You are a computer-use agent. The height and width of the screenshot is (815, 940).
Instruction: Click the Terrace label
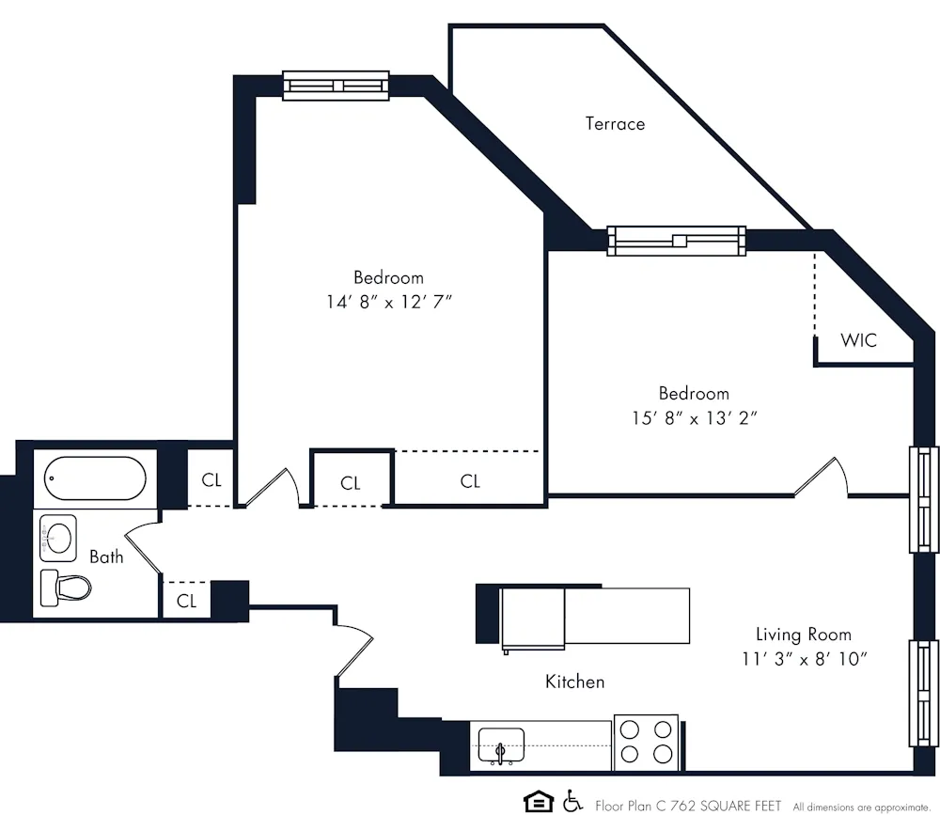[x=615, y=123]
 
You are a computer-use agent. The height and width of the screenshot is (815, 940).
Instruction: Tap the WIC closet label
[x=858, y=340]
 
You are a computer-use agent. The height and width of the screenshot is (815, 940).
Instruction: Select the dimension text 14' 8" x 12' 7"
[x=388, y=302]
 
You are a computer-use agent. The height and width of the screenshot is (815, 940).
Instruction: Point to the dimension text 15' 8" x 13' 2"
[x=694, y=417]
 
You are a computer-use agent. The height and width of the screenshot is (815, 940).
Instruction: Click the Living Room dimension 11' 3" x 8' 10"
[x=804, y=658]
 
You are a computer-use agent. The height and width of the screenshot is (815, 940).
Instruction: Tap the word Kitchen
[x=574, y=682]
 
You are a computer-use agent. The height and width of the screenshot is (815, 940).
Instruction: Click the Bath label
[x=106, y=556]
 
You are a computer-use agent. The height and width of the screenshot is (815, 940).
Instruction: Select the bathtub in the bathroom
[x=95, y=478]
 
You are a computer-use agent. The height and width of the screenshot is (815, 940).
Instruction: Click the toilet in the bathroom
[x=66, y=588]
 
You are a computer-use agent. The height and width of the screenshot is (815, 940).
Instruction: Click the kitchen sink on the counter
[x=501, y=744]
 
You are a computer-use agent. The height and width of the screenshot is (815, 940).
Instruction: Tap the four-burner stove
[x=647, y=742]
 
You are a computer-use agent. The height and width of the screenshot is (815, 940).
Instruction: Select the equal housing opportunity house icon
[x=539, y=802]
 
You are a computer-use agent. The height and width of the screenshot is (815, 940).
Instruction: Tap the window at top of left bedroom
[x=336, y=86]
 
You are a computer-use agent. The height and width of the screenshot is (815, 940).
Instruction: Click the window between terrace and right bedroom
[x=676, y=241]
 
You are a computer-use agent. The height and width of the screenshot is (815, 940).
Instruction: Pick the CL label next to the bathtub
[x=211, y=480]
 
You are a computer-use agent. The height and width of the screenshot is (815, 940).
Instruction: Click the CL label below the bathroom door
[x=186, y=601]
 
